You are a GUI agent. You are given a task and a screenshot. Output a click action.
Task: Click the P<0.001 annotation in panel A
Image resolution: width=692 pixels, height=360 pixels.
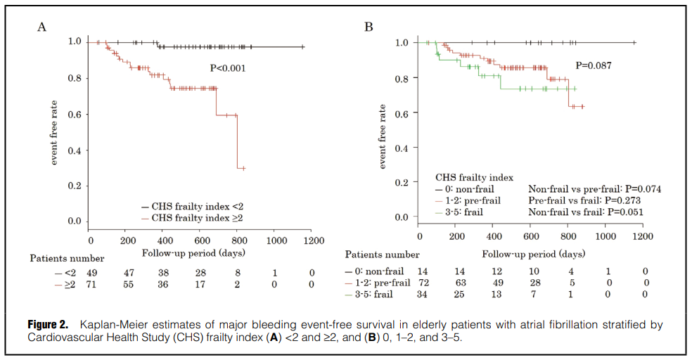228,68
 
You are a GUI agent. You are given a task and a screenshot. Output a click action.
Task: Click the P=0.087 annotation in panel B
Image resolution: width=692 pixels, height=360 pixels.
594,65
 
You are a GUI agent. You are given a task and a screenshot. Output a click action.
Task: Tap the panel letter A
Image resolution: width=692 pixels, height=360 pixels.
41,27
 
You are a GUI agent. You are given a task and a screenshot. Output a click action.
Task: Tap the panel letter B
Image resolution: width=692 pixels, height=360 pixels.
368,27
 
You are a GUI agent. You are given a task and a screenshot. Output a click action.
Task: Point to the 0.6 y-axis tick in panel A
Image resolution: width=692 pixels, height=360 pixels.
74,114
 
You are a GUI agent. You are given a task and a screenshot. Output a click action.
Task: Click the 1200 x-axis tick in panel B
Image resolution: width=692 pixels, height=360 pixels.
642,236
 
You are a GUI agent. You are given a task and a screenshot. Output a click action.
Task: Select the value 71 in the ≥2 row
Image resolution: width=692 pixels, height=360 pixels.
91,284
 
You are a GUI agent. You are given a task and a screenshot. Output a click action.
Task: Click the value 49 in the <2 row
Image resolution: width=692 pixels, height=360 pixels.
91,272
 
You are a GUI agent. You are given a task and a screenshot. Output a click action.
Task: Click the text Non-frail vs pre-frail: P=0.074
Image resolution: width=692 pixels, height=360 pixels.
594,189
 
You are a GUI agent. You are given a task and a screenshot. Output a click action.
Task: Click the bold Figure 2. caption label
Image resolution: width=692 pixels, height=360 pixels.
48,325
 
